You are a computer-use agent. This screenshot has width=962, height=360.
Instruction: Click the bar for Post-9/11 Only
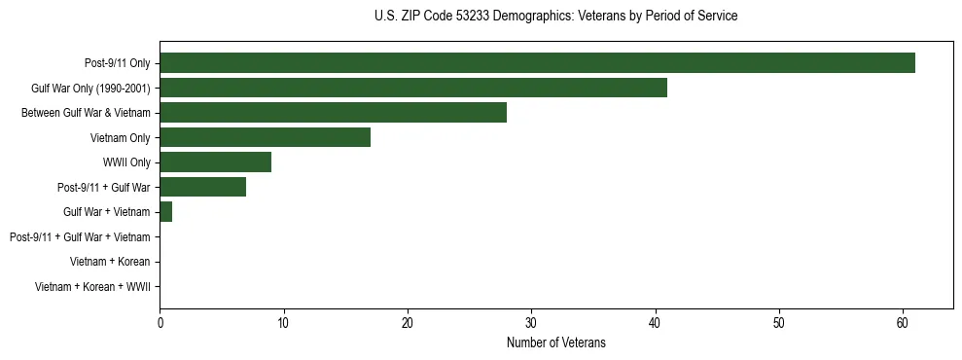tap(537, 63)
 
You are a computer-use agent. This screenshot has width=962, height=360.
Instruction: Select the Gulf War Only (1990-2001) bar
tap(413, 88)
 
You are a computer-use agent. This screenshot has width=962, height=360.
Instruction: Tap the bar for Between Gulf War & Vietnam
tap(333, 113)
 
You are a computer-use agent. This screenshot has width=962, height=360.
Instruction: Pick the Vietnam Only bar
tap(265, 137)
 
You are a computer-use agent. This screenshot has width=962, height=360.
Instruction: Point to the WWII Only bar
tap(215, 162)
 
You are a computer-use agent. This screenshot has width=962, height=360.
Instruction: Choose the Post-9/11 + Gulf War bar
tap(202, 187)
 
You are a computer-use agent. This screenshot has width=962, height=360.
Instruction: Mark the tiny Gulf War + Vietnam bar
tap(166, 212)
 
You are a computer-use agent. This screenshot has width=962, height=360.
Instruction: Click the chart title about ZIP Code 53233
tap(555, 17)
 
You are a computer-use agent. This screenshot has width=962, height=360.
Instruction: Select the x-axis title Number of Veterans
tap(555, 342)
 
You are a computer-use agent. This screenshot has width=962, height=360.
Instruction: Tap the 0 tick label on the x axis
tap(160, 322)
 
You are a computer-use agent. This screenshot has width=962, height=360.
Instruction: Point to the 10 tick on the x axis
tap(283, 322)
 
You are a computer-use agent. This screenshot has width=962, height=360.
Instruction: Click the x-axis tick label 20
tap(408, 322)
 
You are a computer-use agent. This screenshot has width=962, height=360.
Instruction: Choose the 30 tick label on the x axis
tap(531, 322)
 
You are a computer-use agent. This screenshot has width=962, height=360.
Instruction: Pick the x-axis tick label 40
tap(656, 322)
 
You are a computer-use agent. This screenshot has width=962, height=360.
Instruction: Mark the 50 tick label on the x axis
tap(779, 322)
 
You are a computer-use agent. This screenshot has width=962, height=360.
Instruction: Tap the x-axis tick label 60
tap(903, 322)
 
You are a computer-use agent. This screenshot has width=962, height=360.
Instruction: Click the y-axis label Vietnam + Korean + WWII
tap(91, 287)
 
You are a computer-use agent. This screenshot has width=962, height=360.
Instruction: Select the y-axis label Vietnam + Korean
tap(110, 262)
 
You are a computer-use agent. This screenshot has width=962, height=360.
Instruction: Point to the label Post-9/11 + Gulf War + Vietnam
tap(79, 236)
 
